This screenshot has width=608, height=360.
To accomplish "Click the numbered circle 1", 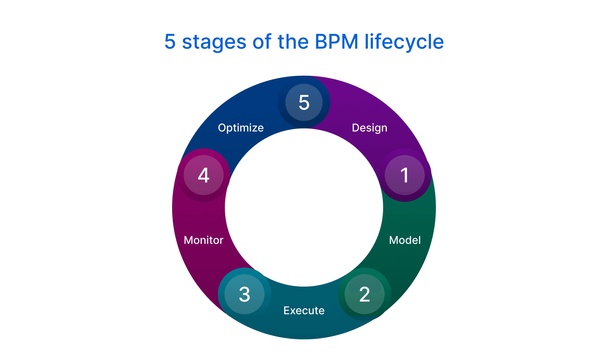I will click(405, 175).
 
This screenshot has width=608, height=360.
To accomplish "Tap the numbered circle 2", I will click(364, 294).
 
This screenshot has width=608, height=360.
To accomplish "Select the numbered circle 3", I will click(244, 294).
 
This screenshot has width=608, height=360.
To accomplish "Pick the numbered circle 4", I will click(203, 175).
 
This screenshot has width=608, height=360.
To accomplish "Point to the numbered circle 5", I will click(304, 102).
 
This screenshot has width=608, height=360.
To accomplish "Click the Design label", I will click(370, 128).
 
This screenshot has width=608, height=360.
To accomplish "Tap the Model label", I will click(405, 240).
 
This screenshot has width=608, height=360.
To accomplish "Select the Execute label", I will click(304, 310).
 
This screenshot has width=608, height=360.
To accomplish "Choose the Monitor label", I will click(203, 240).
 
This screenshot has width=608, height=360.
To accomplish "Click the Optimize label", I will click(240, 128).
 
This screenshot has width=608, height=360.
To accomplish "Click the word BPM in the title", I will click(336, 42).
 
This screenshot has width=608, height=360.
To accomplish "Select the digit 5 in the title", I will click(170, 42).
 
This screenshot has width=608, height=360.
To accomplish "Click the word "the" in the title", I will click(293, 42).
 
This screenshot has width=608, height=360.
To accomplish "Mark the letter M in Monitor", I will click(188, 240).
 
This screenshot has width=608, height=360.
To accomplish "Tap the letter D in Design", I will click(355, 128).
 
